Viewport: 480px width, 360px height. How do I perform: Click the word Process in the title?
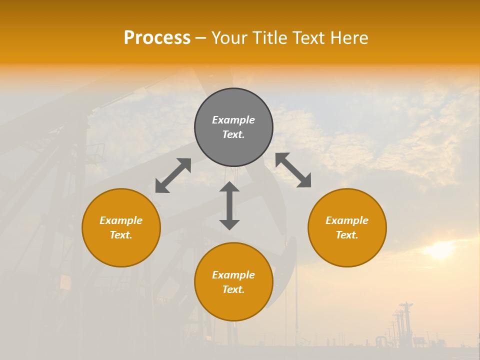tap(157, 38)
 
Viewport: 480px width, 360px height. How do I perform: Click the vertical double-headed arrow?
tap(229, 205)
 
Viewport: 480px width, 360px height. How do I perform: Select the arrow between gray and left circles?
tap(173, 175)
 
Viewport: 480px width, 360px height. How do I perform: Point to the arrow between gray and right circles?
tap(293, 170)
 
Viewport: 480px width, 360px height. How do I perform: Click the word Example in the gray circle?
tap(233, 120)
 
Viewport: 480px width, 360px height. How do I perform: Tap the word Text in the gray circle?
tap(233, 134)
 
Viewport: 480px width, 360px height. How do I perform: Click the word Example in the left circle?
tap(121, 220)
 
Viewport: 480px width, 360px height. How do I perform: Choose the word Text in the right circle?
tap(347, 235)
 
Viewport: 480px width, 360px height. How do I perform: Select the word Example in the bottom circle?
tap(233, 275)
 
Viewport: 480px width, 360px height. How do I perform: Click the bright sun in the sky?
tap(440, 249)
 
